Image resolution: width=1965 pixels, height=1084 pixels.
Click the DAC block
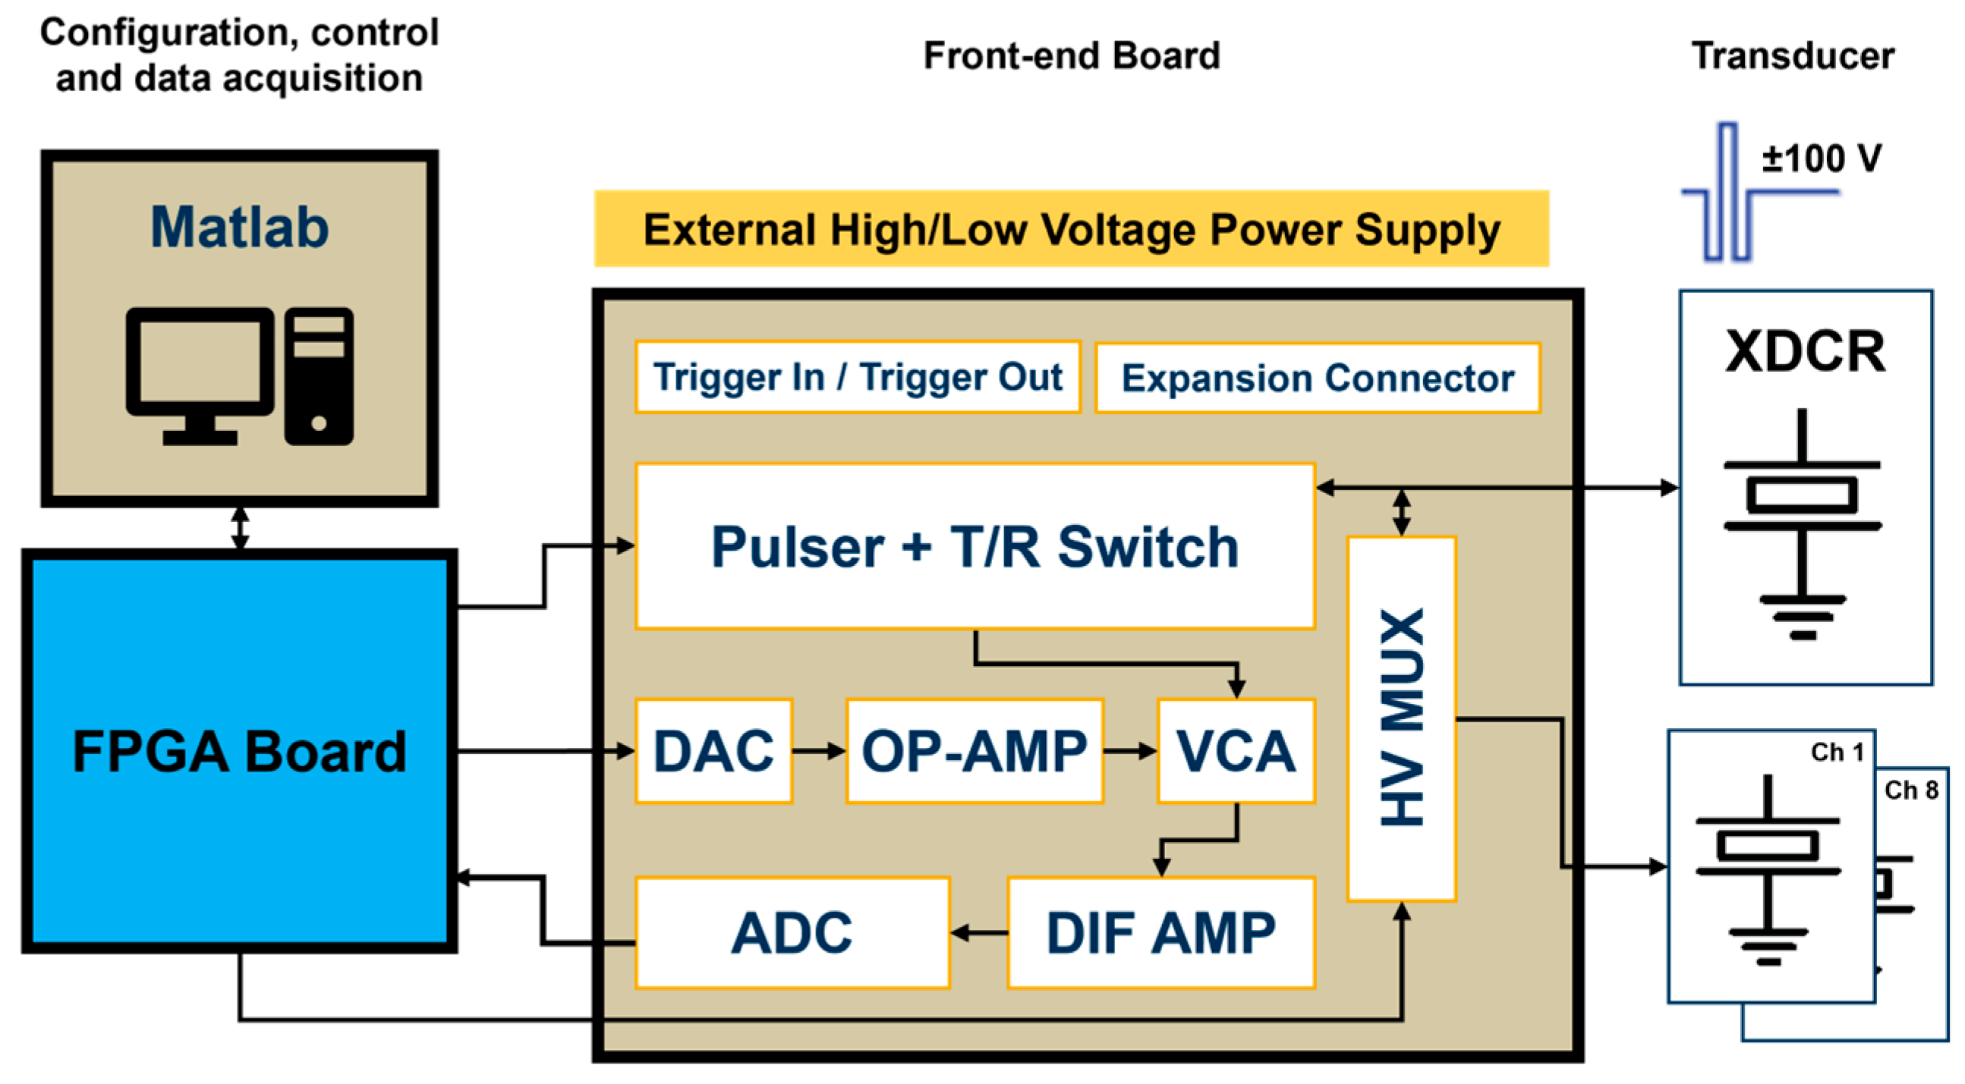[x=713, y=751]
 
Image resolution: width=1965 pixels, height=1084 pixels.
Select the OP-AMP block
[x=974, y=751]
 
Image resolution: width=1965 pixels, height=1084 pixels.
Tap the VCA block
[x=1236, y=751]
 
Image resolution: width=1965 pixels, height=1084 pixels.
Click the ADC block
[x=792, y=932]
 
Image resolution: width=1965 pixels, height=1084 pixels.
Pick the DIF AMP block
[x=1160, y=932]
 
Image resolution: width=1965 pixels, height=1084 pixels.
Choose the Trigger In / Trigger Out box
[x=858, y=376]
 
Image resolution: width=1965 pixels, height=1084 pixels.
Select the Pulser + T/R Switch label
[x=974, y=547]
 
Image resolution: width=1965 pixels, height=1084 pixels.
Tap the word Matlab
[x=239, y=227]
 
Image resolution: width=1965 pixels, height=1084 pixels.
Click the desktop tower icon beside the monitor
[x=319, y=375]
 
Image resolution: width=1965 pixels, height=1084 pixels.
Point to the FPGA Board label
[x=239, y=752]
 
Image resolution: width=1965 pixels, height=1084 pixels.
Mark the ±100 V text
[x=1821, y=159]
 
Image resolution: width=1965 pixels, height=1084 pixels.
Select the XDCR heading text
[x=1805, y=351]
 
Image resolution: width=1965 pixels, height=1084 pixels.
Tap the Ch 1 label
[x=1837, y=753]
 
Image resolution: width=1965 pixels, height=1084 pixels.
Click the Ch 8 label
[x=1911, y=790]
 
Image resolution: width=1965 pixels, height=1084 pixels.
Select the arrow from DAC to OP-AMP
[x=818, y=751]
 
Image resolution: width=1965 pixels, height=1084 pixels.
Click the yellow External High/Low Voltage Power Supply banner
[x=1071, y=228]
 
